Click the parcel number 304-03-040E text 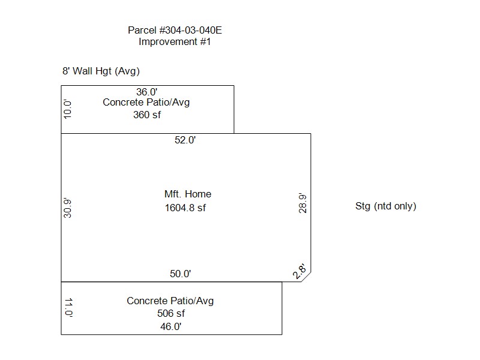click(175, 31)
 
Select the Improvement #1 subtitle click(175, 41)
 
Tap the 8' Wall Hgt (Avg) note click(101, 71)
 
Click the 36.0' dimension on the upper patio click(147, 92)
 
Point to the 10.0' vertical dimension click(67, 109)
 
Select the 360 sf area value click(147, 115)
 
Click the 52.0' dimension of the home click(185, 140)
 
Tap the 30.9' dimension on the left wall click(67, 208)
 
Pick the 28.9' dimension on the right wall click(302, 203)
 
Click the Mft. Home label click(188, 194)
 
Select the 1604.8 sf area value click(185, 208)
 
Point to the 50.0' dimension click(181, 274)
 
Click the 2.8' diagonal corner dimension click(299, 271)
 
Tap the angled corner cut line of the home click(306, 277)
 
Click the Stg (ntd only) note click(386, 206)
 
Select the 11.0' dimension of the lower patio click(69, 307)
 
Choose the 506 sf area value click(171, 313)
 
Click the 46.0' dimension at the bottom click(171, 326)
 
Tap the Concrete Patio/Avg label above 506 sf click(170, 301)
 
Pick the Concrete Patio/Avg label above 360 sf click(146, 102)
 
